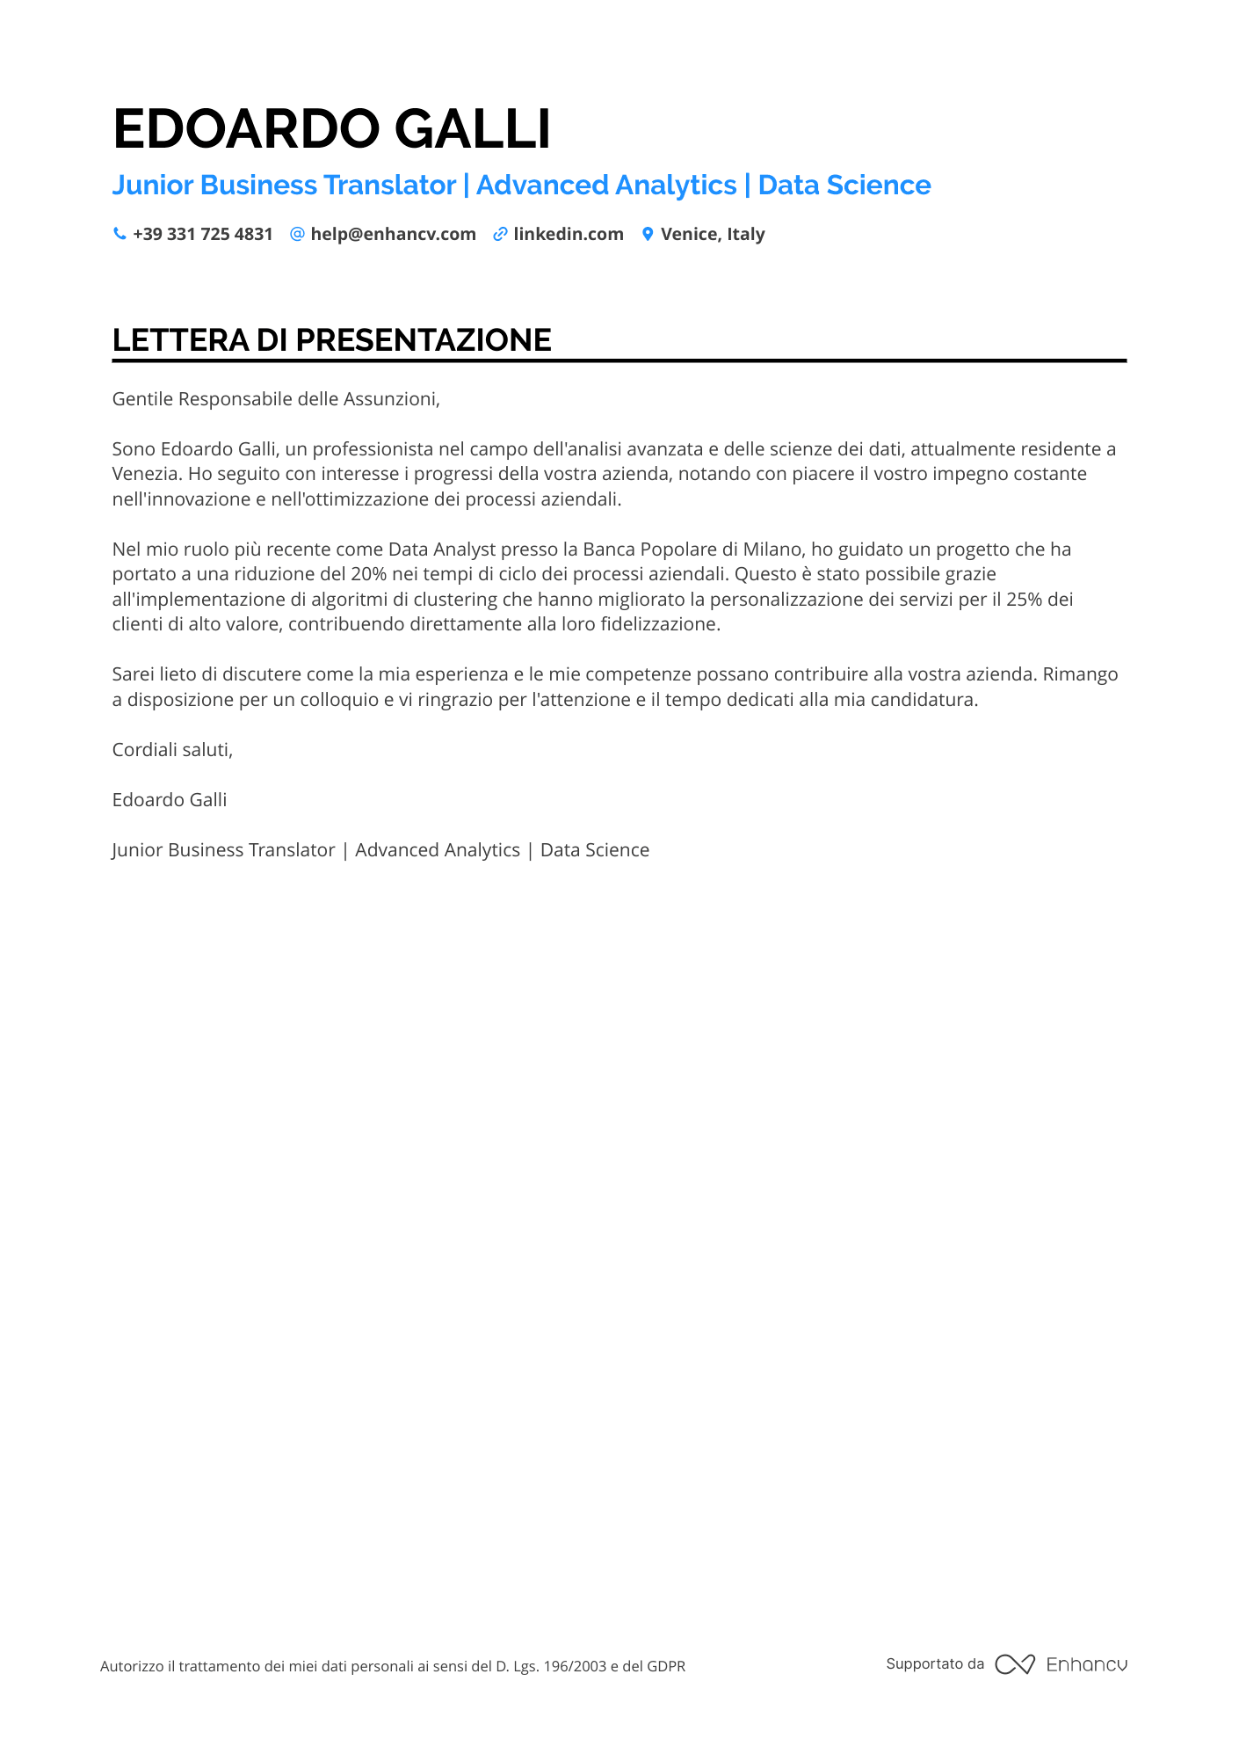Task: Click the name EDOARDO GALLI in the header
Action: [x=331, y=128]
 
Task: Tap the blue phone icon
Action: [x=120, y=234]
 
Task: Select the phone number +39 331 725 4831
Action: [x=203, y=234]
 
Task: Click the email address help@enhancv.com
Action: [x=393, y=234]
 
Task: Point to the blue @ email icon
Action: [x=297, y=234]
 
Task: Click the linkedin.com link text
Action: [x=569, y=234]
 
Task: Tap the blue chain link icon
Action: [x=500, y=234]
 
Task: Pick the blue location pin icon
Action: [x=648, y=234]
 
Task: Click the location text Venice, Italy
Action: [x=713, y=234]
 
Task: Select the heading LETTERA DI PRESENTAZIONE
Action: [x=331, y=340]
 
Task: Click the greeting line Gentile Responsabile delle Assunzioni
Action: [x=276, y=399]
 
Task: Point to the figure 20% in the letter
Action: [x=368, y=574]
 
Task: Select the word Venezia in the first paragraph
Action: [x=146, y=474]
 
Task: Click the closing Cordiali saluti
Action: [x=172, y=750]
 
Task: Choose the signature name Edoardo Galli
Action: [x=170, y=800]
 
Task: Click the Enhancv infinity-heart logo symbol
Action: [x=1014, y=1664]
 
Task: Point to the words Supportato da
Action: [x=935, y=1663]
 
